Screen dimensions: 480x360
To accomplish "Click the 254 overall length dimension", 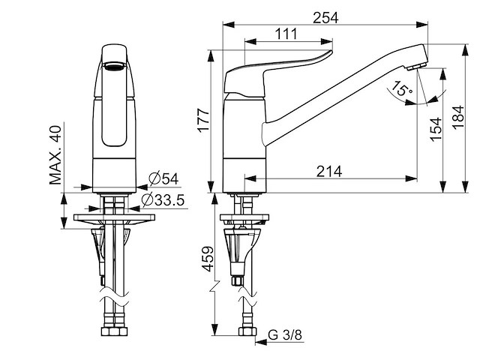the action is tap(325, 18).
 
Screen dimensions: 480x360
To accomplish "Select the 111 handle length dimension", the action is tap(286, 34).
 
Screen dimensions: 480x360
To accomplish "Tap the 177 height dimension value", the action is tap(203, 120).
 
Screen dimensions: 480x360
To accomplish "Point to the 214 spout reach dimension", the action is tap(329, 172).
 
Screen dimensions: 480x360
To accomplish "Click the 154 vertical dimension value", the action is tap(436, 129).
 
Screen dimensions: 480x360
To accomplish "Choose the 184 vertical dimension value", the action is tap(458, 118).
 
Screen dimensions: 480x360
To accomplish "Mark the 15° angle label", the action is tap(402, 88).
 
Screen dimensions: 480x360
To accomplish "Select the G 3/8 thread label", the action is tap(285, 335).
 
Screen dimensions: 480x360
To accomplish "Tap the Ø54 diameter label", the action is tap(163, 178).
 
